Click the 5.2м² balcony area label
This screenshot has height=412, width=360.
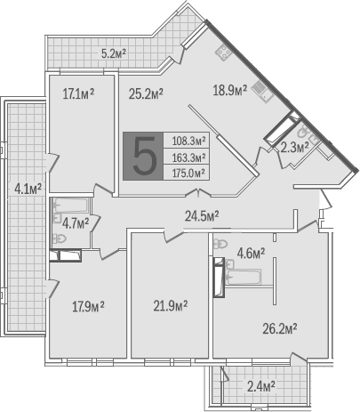coord(114,53)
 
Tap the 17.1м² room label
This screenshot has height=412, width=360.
coord(78,94)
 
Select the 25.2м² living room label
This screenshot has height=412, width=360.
coord(146,94)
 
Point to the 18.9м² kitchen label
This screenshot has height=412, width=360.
coord(230,90)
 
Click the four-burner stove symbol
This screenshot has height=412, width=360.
coord(224,53)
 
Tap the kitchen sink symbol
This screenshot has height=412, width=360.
coord(263,92)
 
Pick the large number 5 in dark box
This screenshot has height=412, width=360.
coord(144,156)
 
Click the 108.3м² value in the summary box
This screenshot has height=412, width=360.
coord(188,141)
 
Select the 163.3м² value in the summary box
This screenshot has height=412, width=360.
coord(188,157)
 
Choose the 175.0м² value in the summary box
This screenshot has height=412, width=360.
coord(188,173)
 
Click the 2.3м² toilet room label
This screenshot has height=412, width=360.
coord(294,147)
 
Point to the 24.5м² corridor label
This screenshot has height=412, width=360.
coord(202,216)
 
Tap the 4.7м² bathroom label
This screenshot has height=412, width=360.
coord(76,223)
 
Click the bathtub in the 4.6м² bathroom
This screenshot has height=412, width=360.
coord(244,277)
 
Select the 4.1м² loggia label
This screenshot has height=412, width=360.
coord(28,189)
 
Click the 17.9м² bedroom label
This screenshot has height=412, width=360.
coord(88,307)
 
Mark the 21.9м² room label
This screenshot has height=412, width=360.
coord(171,306)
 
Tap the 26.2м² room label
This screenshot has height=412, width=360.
coord(280,329)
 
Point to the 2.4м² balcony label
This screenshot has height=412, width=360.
coord(261,386)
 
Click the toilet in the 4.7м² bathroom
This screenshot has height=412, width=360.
coord(60,238)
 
